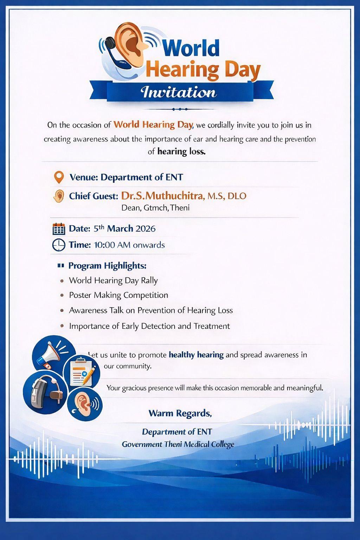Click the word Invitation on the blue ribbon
tap(179, 92)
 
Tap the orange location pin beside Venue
tap(59, 177)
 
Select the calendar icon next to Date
tap(59, 229)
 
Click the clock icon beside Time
tap(59, 245)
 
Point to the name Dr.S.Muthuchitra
tap(162, 196)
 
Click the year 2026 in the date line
tap(146, 229)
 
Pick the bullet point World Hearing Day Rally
tap(113, 280)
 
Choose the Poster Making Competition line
tap(118, 295)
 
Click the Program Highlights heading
tap(107, 265)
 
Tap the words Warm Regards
tap(180, 413)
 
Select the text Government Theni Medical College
tap(178, 444)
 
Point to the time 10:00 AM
tap(112, 245)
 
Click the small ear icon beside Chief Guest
tap(59, 196)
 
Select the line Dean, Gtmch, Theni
tap(155, 208)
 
